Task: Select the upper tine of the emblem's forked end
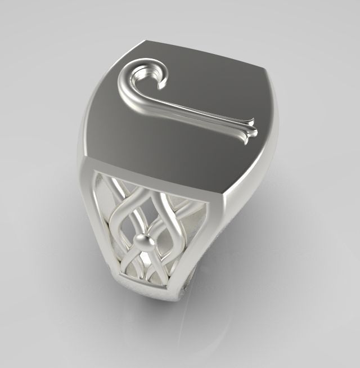click(x=254, y=122)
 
